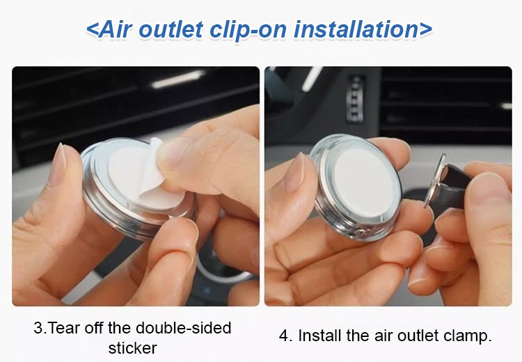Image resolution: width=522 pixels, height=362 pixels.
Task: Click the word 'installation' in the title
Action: click(356, 29)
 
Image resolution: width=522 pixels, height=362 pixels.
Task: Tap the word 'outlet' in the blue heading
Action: click(170, 29)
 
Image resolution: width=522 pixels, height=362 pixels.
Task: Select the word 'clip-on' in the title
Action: click(248, 31)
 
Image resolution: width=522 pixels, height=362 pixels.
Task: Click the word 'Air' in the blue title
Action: click(115, 29)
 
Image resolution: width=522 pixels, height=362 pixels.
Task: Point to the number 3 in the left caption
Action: click(38, 328)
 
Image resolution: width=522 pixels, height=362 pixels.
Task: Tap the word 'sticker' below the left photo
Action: click(132, 348)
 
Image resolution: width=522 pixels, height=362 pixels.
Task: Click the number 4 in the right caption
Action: click(284, 336)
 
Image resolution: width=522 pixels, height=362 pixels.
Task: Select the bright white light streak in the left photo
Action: click(179, 79)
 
